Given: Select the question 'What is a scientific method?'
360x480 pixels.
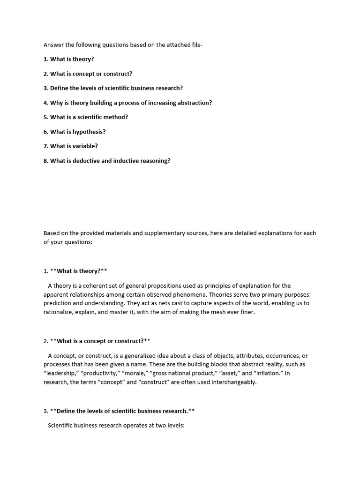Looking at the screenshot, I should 89,117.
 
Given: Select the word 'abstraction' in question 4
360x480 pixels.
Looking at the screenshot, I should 194,103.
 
